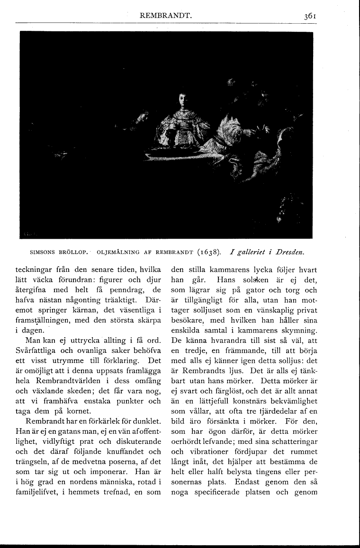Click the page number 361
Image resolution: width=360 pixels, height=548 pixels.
[x=311, y=16]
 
